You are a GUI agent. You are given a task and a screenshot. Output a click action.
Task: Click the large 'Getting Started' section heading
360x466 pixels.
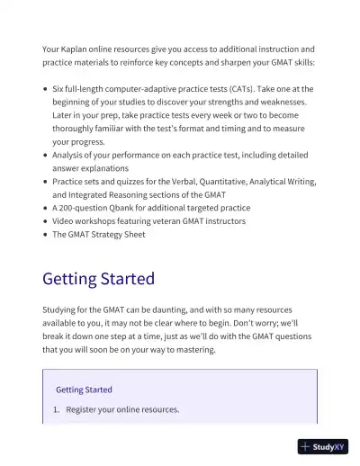coord(98,279)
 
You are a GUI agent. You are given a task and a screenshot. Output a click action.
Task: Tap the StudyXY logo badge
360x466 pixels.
coord(323,446)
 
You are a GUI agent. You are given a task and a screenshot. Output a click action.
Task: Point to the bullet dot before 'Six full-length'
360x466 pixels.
coord(46,90)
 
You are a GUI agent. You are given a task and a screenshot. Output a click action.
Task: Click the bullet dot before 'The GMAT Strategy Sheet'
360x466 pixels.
coord(46,235)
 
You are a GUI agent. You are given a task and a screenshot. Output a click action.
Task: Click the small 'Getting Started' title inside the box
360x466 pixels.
coord(84,390)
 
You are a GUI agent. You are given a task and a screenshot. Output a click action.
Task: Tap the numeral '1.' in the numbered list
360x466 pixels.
coord(56,409)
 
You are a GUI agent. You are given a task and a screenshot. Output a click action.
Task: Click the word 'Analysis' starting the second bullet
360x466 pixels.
coord(71,156)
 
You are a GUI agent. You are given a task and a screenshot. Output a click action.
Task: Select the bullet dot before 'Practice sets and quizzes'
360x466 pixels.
coord(46,182)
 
